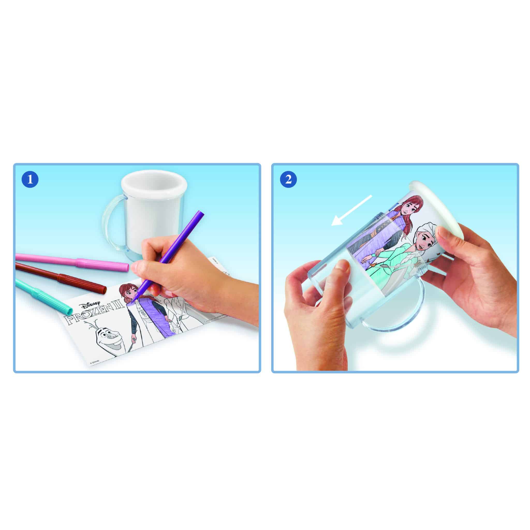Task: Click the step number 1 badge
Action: [x=30, y=180]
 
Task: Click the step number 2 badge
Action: [x=288, y=180]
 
